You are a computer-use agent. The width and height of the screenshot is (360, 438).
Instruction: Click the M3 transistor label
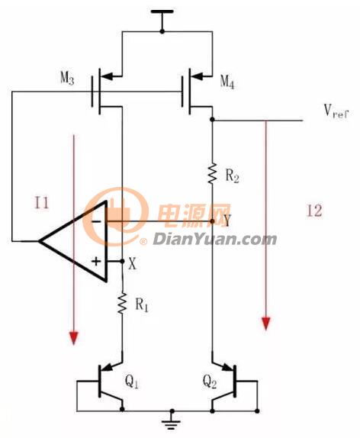click(67, 78)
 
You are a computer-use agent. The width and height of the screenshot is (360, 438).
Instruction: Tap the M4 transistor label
click(227, 82)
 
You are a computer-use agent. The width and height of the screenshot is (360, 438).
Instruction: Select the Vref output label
click(336, 111)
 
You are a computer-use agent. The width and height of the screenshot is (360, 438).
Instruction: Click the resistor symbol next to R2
click(212, 173)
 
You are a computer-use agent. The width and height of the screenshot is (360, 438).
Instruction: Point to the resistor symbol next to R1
click(122, 303)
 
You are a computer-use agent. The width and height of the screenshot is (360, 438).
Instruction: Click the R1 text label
click(142, 304)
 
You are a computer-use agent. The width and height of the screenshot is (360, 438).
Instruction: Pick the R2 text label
click(232, 176)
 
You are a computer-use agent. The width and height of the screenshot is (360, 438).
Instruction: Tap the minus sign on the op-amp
click(96, 221)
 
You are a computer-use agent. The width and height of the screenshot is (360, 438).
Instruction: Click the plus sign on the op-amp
click(96, 262)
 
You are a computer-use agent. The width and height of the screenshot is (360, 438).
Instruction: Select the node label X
click(133, 263)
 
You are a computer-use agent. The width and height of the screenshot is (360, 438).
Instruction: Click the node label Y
click(227, 221)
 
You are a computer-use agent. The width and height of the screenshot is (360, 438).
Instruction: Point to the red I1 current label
click(42, 203)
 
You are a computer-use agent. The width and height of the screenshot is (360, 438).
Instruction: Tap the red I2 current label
click(314, 211)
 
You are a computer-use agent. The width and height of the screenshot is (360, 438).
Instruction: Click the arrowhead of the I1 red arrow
click(73, 338)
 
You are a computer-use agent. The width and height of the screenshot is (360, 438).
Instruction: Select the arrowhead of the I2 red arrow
click(266, 324)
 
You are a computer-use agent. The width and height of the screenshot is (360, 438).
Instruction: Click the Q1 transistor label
click(131, 381)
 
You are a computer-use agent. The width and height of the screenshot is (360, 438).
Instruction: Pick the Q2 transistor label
click(210, 381)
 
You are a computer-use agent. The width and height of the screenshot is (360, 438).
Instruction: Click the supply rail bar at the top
click(162, 11)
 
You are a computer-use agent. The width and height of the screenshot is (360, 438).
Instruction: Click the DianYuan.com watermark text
click(215, 240)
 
